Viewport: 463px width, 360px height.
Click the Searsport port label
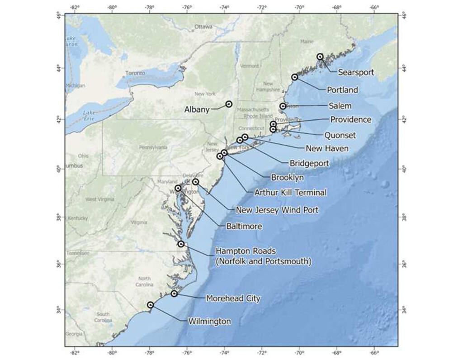(x=356, y=72)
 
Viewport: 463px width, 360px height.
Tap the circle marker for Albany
(x=229, y=104)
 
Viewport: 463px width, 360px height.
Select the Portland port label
(x=342, y=90)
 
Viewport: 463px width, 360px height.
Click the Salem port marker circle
(x=283, y=106)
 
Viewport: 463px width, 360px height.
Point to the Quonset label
(x=340, y=135)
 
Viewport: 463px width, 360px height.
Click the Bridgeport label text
(x=309, y=163)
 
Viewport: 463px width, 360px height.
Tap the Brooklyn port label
(x=287, y=178)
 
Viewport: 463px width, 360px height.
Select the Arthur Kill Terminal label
(x=290, y=193)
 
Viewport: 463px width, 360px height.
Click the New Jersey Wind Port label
(x=277, y=210)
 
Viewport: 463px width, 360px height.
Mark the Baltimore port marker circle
(x=178, y=188)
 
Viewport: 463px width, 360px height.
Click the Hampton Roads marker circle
(x=181, y=244)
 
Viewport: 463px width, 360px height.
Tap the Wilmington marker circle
(x=150, y=305)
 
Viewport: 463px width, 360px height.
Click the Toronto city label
(x=135, y=73)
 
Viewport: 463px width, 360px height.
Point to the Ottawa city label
(x=203, y=27)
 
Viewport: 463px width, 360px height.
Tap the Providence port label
(x=350, y=120)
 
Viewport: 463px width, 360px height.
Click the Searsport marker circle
(x=320, y=57)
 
